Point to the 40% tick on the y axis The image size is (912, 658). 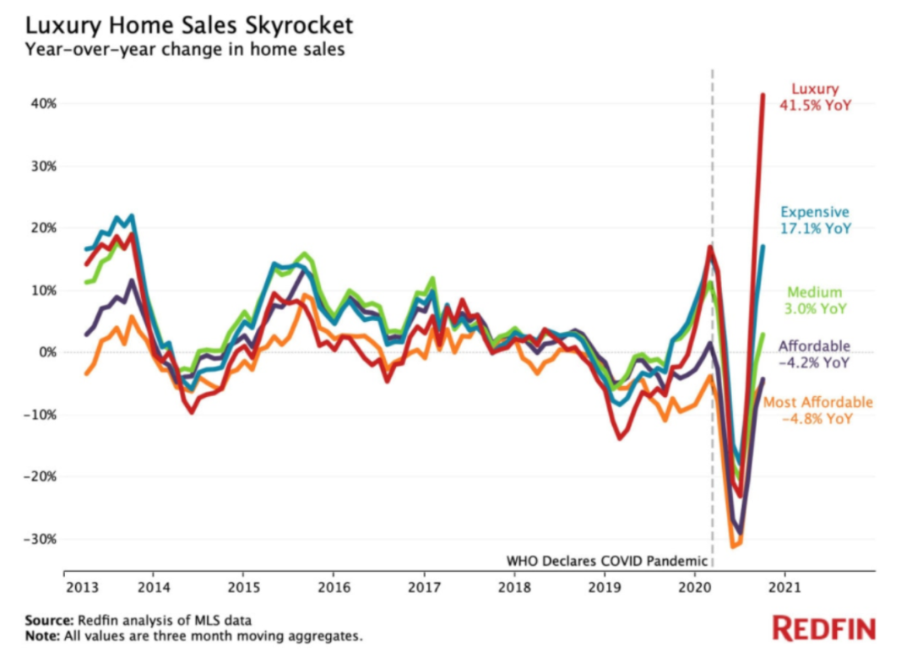pyautogui.click(x=44, y=103)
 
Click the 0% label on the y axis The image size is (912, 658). pyautogui.click(x=47, y=352)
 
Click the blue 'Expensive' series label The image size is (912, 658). pyautogui.click(x=814, y=212)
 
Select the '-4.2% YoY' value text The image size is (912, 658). pyautogui.click(x=814, y=363)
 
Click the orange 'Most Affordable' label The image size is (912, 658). pyautogui.click(x=817, y=402)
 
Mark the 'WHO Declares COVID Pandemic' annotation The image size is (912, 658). pyautogui.click(x=606, y=560)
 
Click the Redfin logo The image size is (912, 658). pyautogui.click(x=824, y=628)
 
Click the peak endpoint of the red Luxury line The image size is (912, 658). pyautogui.click(x=763, y=95)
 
